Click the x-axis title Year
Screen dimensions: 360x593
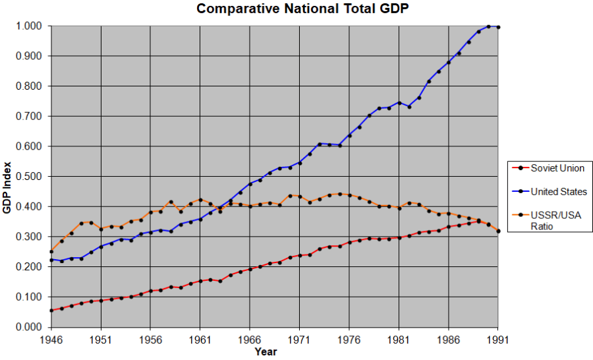pyautogui.click(x=266, y=352)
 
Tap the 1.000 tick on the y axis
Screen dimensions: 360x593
pyautogui.click(x=30, y=26)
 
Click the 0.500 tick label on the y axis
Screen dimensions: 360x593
pyautogui.click(x=30, y=177)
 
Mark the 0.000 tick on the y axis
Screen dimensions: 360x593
pyautogui.click(x=30, y=327)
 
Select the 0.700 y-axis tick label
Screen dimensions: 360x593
pyautogui.click(x=30, y=117)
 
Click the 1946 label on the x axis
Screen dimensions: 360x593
pyautogui.click(x=51, y=340)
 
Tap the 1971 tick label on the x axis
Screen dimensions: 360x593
pyautogui.click(x=300, y=340)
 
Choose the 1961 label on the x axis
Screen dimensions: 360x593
pyautogui.click(x=200, y=340)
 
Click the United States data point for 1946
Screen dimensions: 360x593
pyautogui.click(x=51, y=260)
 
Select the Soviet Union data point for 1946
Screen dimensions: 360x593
pyautogui.click(x=51, y=311)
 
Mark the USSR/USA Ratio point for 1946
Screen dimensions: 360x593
pyautogui.click(x=51, y=252)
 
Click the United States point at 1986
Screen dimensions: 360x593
pyautogui.click(x=449, y=63)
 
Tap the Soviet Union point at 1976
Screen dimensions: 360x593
pyautogui.click(x=349, y=242)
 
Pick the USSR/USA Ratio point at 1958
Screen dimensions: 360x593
pyautogui.click(x=171, y=202)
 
